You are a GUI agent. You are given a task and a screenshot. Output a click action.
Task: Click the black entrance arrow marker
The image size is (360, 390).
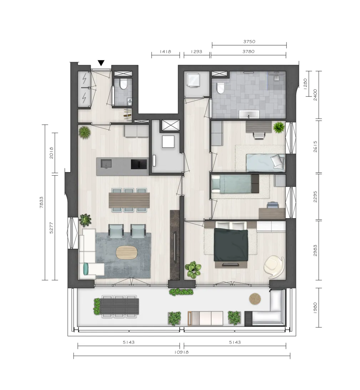click(101, 63)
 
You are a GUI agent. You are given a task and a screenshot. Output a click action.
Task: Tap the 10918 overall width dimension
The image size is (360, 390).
click(182, 352)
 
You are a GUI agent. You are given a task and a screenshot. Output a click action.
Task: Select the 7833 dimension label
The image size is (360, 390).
click(41, 202)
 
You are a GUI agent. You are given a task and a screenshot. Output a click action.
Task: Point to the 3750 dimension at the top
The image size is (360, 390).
click(249, 41)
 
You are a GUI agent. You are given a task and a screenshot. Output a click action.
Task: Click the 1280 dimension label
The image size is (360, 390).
click(305, 84)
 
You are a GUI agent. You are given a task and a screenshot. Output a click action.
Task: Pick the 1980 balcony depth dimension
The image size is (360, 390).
click(315, 308)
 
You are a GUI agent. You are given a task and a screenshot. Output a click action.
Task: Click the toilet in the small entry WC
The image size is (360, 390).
click(123, 84)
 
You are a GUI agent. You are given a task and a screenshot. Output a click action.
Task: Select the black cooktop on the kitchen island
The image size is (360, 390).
click(139, 164)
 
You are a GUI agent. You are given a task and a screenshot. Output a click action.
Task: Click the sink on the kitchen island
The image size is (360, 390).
click(106, 164)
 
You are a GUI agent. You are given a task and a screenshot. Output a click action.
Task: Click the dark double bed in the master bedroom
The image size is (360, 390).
click(231, 245)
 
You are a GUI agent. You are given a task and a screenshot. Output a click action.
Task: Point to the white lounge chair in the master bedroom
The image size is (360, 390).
click(274, 267)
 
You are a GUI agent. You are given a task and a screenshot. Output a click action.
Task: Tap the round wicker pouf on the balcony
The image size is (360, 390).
click(255, 299)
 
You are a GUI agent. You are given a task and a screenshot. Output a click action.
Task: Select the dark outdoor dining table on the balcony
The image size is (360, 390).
click(120, 306)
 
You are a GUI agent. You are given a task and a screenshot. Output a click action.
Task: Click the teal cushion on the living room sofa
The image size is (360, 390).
click(86, 269)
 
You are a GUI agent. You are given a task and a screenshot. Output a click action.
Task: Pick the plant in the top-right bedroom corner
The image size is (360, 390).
click(279, 127)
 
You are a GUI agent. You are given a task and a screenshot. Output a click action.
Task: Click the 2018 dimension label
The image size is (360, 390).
click(51, 153)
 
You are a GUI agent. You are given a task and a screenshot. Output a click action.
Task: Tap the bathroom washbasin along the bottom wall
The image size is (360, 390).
click(249, 115)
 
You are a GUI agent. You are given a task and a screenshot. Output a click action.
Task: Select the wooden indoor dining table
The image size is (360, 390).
click(130, 200)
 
